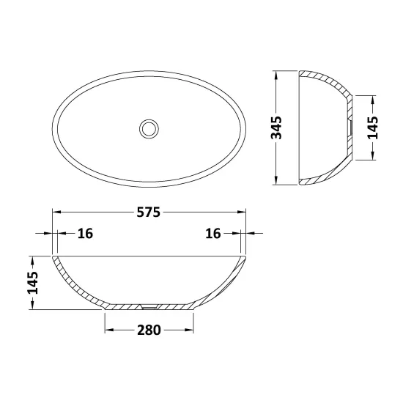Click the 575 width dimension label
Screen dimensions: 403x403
pyautogui.click(x=148, y=212)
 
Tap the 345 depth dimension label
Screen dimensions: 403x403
pyautogui.click(x=276, y=127)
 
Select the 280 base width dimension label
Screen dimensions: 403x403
pyautogui.click(x=149, y=330)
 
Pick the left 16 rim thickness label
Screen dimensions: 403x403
pyautogui.click(x=85, y=233)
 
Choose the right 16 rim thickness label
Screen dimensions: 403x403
pyautogui.click(x=213, y=233)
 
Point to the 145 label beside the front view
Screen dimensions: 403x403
pyautogui.click(x=33, y=283)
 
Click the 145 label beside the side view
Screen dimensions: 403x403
pyautogui.click(x=373, y=127)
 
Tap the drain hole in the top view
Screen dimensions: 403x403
pyautogui.click(x=149, y=128)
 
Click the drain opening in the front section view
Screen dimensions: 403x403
pyautogui.click(x=149, y=306)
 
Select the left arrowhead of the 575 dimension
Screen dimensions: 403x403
pyautogui.click(x=56, y=212)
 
